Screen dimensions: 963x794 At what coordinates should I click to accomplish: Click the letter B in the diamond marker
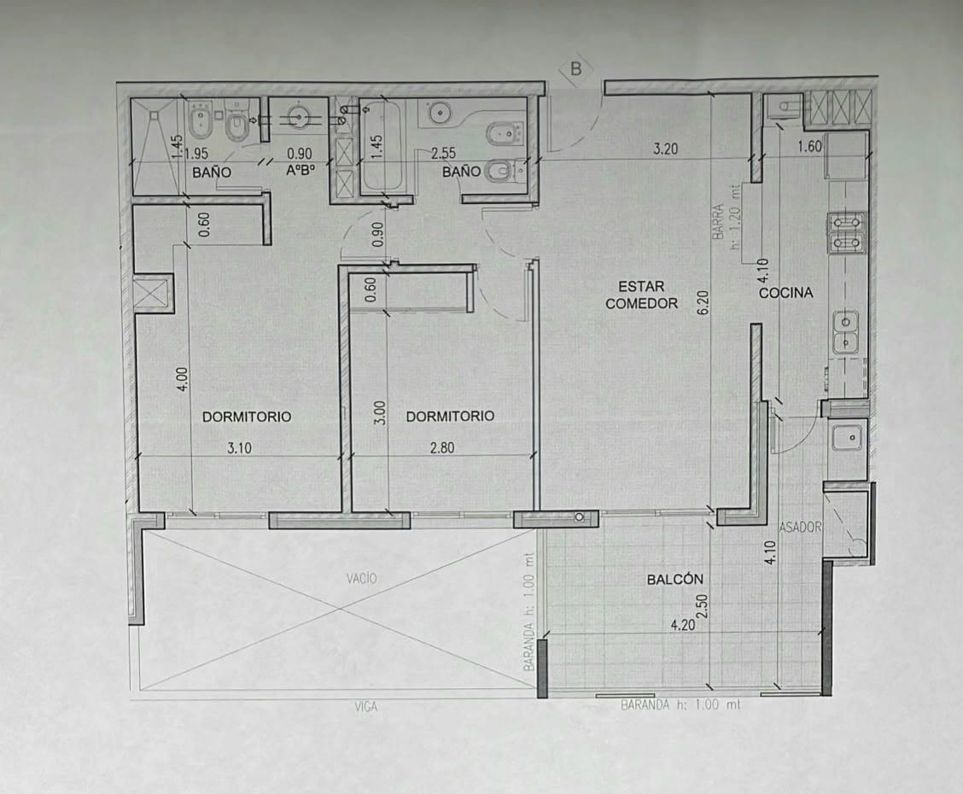575,69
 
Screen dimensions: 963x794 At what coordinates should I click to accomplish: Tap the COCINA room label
785,293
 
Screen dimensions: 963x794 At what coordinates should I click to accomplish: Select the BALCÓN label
675,579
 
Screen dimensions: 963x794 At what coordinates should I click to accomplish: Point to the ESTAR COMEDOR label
641,295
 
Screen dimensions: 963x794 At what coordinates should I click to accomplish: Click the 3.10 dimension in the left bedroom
240,448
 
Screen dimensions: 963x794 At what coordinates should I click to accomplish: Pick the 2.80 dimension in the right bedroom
442,447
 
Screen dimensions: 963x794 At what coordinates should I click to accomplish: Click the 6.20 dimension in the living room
703,303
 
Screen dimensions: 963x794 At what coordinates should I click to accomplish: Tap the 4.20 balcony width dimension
683,625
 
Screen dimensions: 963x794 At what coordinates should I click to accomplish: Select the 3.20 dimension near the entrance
666,149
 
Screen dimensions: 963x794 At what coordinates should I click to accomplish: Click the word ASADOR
800,527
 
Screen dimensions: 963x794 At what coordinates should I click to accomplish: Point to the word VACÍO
361,578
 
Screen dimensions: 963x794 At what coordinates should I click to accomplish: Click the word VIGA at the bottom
366,708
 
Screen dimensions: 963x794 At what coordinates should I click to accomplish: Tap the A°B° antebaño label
300,170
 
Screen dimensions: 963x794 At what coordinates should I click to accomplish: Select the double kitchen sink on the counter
846,331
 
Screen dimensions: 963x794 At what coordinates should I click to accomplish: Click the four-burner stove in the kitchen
847,233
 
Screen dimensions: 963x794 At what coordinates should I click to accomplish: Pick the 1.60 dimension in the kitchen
809,146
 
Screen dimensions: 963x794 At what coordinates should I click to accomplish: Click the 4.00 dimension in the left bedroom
183,380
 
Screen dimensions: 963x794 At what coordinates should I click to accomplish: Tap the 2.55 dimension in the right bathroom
443,153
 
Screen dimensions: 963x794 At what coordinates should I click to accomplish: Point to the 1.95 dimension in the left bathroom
196,154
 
